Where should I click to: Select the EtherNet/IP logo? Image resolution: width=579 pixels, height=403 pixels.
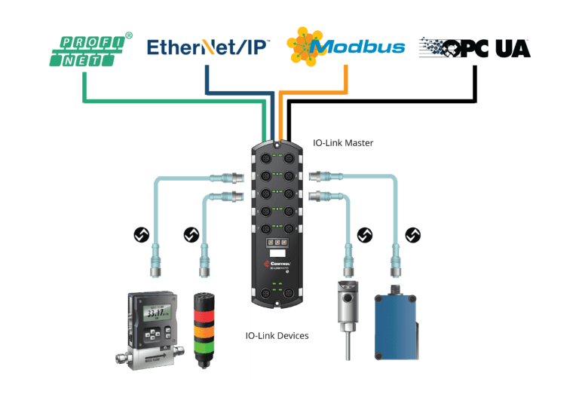209,47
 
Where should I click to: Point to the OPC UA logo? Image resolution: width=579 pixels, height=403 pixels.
474,47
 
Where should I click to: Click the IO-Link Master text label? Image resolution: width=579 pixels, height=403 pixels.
343,142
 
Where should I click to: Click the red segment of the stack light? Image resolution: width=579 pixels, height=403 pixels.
204,317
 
